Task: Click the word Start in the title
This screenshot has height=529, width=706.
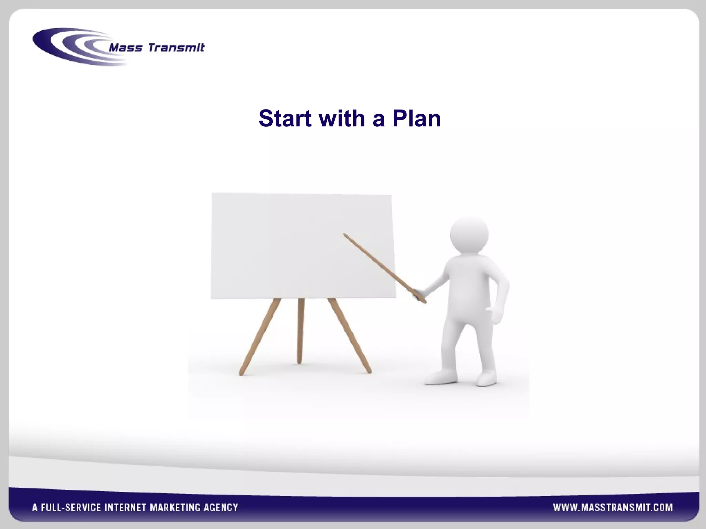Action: tap(285, 118)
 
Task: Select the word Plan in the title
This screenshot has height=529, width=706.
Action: tap(416, 118)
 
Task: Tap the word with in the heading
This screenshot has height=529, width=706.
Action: tap(342, 118)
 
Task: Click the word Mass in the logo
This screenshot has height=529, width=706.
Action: tap(125, 48)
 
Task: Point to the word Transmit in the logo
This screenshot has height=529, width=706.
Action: tap(176, 48)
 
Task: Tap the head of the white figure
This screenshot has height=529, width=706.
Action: tap(469, 234)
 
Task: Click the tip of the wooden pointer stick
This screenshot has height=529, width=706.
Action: tap(344, 235)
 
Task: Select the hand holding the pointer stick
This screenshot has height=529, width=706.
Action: tap(419, 294)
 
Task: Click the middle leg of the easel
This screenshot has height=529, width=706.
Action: tap(301, 331)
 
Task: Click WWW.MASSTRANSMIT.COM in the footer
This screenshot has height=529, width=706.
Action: tap(613, 507)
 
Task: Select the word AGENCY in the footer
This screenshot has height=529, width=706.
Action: tap(221, 507)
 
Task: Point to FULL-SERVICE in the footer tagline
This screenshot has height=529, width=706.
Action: tap(71, 507)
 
